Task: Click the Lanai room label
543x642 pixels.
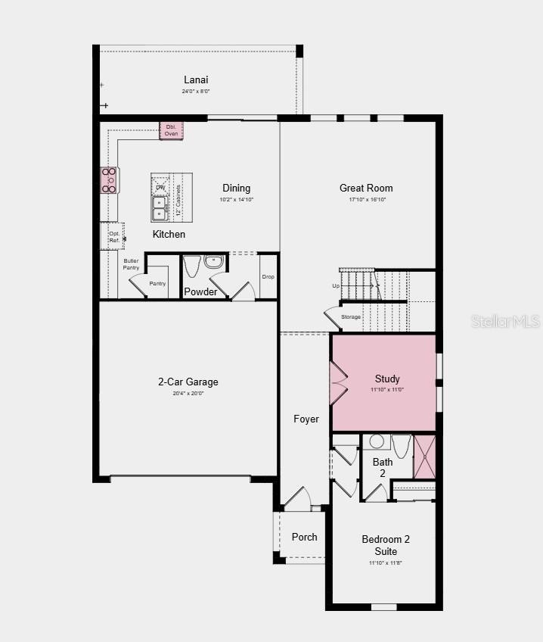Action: [196, 79]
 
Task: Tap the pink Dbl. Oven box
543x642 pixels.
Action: [171, 129]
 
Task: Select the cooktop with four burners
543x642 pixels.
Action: [110, 181]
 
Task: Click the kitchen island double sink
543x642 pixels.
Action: [160, 207]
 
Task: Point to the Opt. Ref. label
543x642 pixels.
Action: [114, 237]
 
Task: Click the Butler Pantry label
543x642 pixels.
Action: [131, 264]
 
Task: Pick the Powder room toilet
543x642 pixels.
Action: [191, 266]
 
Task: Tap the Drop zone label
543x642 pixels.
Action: [268, 277]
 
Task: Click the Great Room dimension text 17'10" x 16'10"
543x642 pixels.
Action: [368, 200]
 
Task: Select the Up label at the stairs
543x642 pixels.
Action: [336, 286]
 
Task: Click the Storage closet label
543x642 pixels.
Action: [351, 316]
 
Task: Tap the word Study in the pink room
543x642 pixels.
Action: [387, 379]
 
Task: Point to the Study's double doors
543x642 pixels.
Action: [337, 382]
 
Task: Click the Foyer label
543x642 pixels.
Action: [306, 419]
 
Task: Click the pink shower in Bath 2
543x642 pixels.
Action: [424, 457]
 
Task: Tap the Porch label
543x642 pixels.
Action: [305, 537]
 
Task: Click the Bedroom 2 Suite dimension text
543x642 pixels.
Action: [385, 563]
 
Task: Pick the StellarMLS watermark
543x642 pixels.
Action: [505, 321]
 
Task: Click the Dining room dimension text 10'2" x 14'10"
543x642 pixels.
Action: [236, 200]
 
